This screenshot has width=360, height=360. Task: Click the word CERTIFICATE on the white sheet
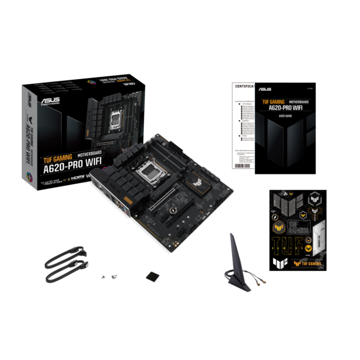(x=244, y=87)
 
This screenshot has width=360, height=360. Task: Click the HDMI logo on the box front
(x=75, y=179)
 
